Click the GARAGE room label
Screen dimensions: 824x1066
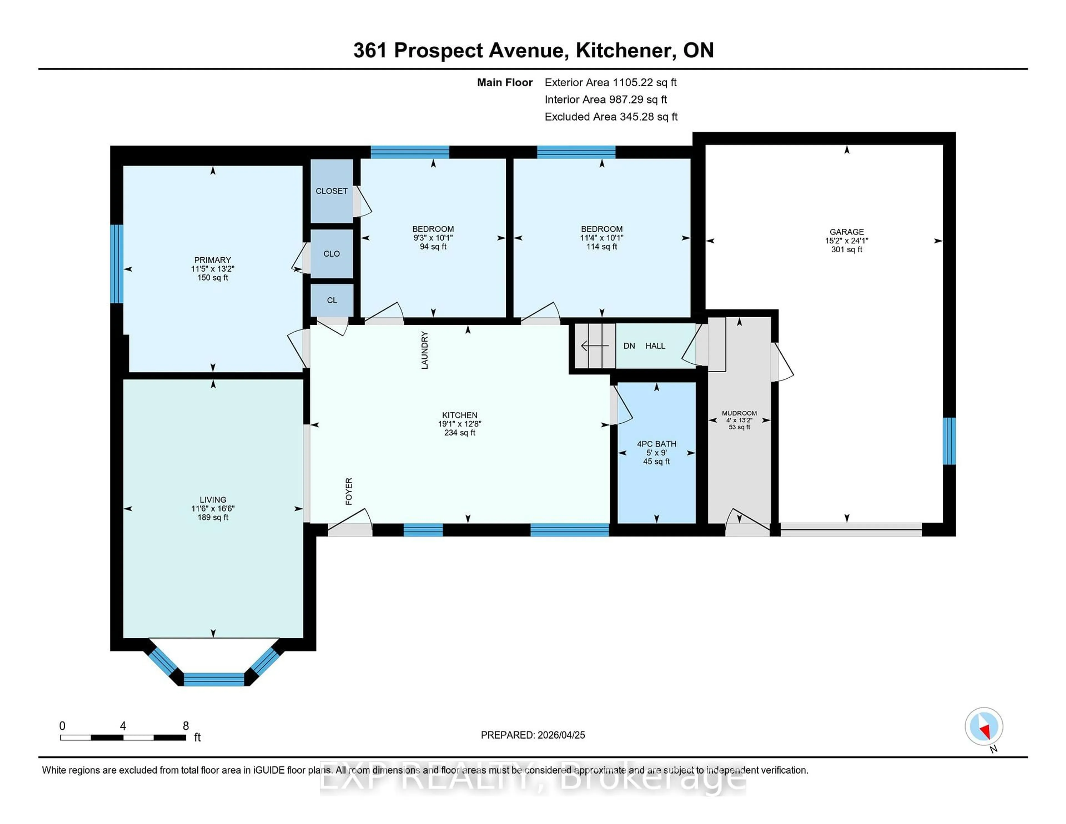[x=846, y=232]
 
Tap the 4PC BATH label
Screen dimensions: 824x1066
[x=657, y=444]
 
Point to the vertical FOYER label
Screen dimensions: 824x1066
[x=348, y=491]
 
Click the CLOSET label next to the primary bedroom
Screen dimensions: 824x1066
[x=331, y=191]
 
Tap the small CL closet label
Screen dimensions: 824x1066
[x=332, y=300]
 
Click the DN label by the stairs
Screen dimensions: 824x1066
[x=629, y=346]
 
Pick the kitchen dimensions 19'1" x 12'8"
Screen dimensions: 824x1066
[x=459, y=424]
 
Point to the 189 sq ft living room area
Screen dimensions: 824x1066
[x=213, y=517]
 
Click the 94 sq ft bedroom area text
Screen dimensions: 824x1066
[x=433, y=247]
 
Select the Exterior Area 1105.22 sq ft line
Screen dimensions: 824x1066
[x=610, y=82]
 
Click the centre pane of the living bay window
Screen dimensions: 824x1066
[x=214, y=679]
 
